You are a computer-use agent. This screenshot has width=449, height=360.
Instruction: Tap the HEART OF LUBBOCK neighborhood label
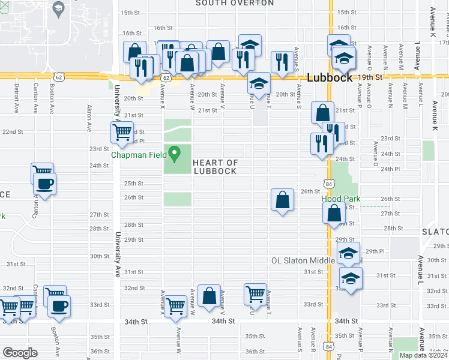(x=215, y=167)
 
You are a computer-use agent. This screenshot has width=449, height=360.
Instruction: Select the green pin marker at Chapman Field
(x=175, y=154)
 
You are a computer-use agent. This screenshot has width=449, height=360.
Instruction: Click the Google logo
(x=20, y=353)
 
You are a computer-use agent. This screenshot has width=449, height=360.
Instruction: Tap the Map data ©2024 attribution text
(x=423, y=355)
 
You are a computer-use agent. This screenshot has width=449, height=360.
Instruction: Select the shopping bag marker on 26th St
(x=282, y=200)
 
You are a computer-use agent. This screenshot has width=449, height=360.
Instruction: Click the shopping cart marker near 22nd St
(x=123, y=133)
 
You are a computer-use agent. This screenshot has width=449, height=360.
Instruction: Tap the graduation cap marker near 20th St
(x=259, y=85)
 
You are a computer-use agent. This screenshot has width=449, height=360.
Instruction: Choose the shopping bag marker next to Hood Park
(x=334, y=212)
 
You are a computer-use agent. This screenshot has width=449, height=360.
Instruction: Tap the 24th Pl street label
(x=390, y=169)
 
